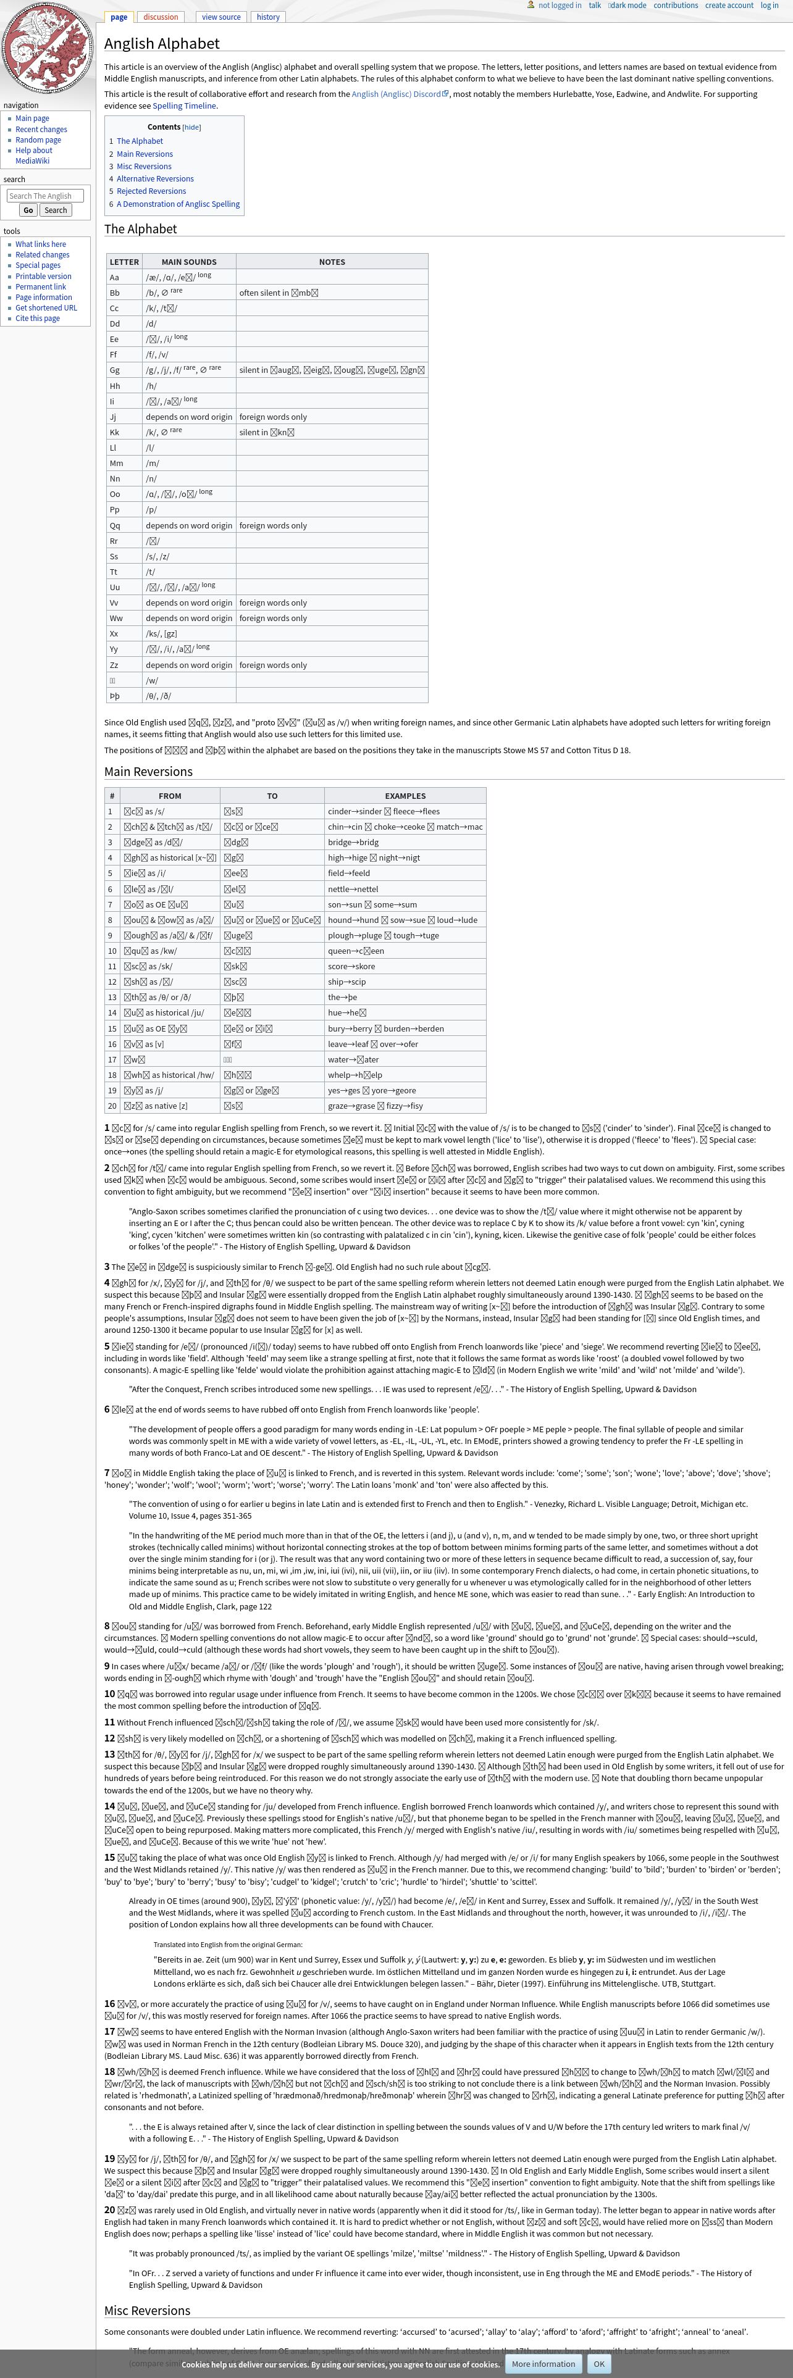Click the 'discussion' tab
pyautogui.click(x=161, y=17)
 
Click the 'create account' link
pyautogui.click(x=728, y=6)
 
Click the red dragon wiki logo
pyautogui.click(x=47, y=49)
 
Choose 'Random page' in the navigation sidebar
pyautogui.click(x=38, y=140)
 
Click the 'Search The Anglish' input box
pyautogui.click(x=45, y=196)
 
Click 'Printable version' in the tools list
pyautogui.click(x=43, y=276)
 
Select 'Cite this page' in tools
pyautogui.click(x=37, y=319)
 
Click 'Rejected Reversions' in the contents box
pyautogui.click(x=151, y=191)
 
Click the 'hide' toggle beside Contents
pyautogui.click(x=191, y=127)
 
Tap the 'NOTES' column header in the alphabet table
pyautogui.click(x=332, y=262)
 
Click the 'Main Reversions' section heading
pyautogui.click(x=149, y=772)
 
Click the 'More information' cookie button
pyautogui.click(x=543, y=2364)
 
